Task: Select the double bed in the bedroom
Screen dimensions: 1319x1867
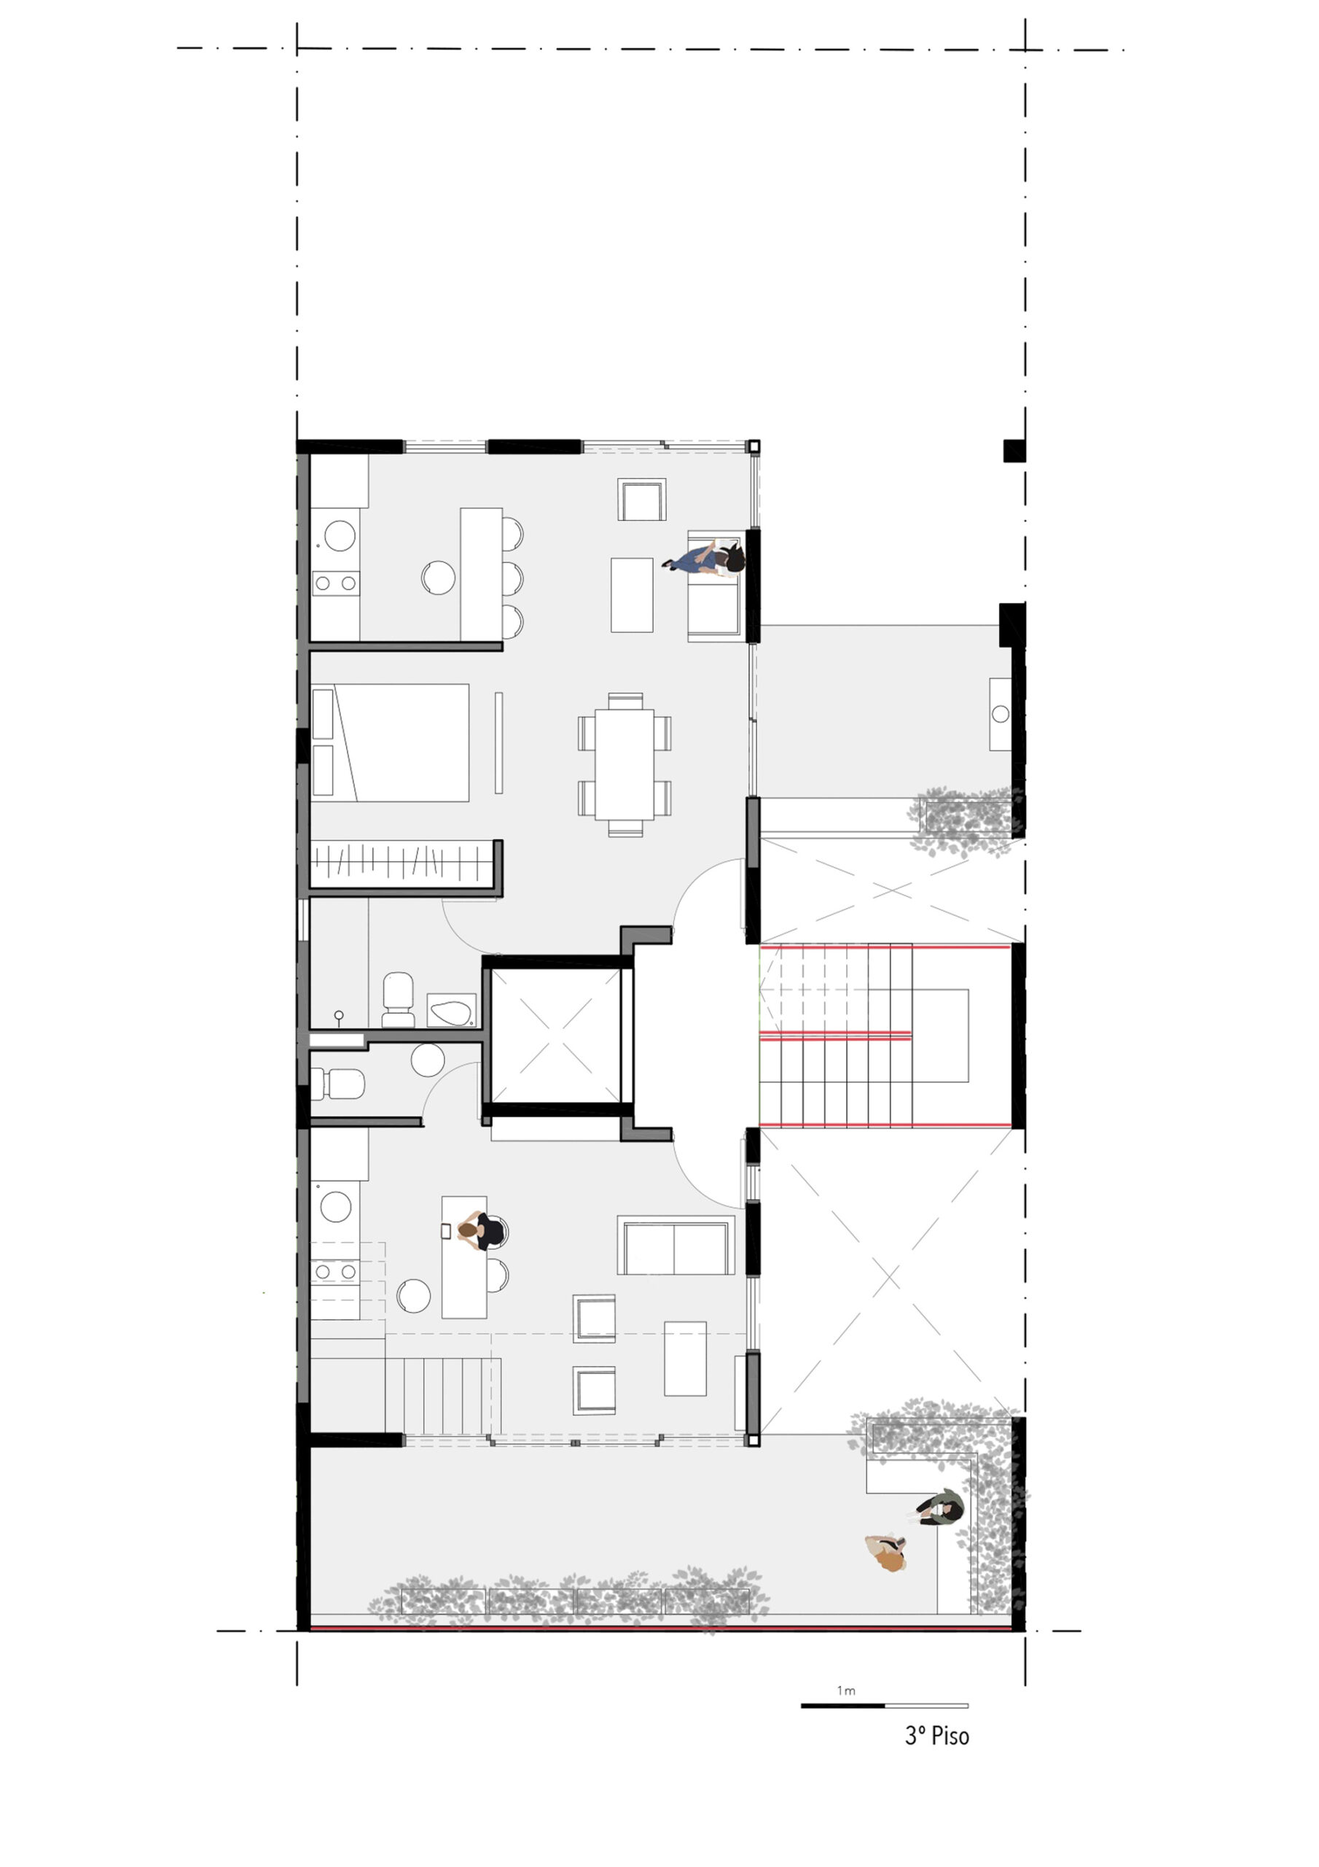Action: (x=390, y=742)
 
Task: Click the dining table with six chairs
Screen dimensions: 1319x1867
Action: (x=624, y=764)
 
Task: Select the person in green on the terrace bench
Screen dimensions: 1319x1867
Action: (x=942, y=1507)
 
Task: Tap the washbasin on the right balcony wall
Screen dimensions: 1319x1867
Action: (x=1001, y=714)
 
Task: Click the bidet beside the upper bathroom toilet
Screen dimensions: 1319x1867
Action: (x=451, y=1011)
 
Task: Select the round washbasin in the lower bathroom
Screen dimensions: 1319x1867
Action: (x=428, y=1060)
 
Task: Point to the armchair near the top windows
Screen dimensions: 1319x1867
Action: (x=642, y=500)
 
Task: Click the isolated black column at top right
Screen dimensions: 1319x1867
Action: (x=1014, y=451)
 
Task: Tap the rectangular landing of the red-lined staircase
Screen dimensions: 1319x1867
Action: (x=940, y=1035)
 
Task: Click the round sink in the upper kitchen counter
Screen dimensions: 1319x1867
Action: (x=340, y=536)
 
